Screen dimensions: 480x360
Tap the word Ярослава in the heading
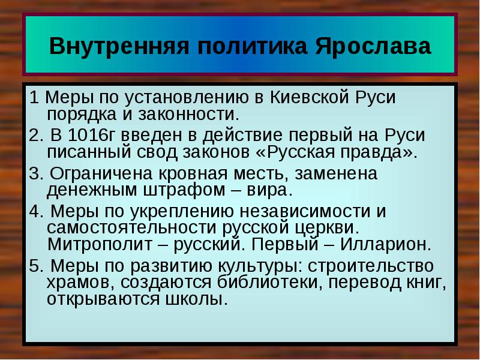pos(373,46)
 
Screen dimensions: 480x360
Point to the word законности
pos(188,115)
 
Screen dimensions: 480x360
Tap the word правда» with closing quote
pos(379,153)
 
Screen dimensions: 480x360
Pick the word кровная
pos(193,173)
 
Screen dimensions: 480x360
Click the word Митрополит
pos(100,245)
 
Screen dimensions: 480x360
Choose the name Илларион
pos(385,245)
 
